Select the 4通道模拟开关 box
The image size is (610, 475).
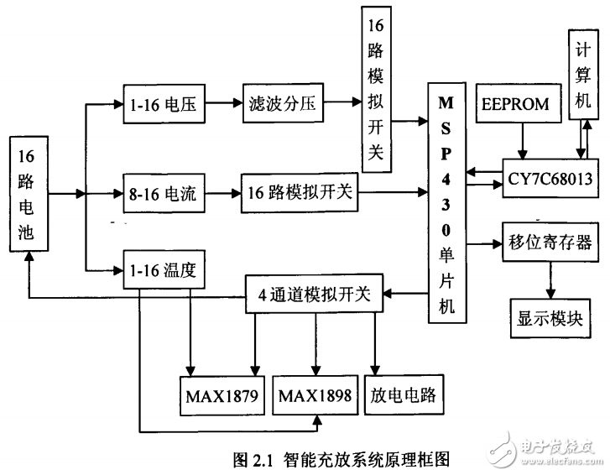314,295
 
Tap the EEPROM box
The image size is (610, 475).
516,104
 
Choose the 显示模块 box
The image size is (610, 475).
549,321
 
